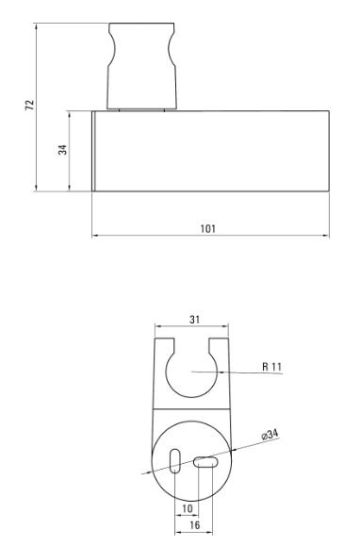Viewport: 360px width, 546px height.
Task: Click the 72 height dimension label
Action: click(30, 106)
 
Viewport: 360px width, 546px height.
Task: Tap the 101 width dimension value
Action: click(208, 229)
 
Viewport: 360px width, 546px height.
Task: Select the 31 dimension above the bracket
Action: click(195, 320)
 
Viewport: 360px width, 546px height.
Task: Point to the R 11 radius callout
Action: click(271, 367)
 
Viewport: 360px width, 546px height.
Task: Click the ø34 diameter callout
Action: click(270, 435)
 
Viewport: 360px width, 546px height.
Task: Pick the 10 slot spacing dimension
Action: click(188, 508)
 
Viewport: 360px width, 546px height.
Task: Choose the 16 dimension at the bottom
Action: click(195, 524)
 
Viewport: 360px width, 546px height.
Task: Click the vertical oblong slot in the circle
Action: click(175, 461)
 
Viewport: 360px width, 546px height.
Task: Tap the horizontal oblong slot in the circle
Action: click(205, 462)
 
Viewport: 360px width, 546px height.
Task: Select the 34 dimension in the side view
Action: click(62, 150)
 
